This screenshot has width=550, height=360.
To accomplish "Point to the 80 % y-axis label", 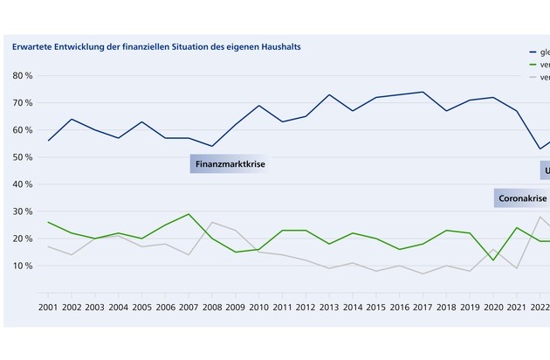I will pyautogui.click(x=23, y=76).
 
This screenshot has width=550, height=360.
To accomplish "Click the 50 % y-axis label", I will pyautogui.click(x=23, y=157).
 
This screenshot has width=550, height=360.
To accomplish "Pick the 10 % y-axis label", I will pyautogui.click(x=23, y=266).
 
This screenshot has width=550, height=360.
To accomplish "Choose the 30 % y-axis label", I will pyautogui.click(x=23, y=211).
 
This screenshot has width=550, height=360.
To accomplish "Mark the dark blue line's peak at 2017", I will pyautogui.click(x=423, y=92).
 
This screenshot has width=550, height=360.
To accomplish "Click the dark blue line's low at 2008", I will pyautogui.click(x=212, y=146).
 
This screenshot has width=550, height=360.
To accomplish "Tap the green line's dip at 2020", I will pyautogui.click(x=494, y=260).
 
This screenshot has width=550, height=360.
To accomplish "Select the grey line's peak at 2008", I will pyautogui.click(x=212, y=222).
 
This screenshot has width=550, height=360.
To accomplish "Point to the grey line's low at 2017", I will pyautogui.click(x=423, y=273).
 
